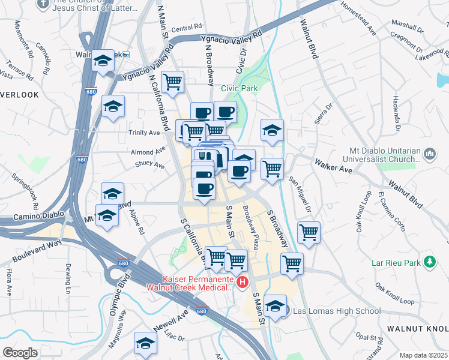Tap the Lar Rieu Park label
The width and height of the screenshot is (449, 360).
coord(394,262)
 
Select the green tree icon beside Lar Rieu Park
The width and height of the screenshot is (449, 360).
coord(429,262)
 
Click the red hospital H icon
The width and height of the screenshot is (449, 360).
coord(242,282)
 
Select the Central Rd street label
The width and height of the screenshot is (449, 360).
coord(186,28)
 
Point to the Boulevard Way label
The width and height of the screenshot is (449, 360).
coord(36,251)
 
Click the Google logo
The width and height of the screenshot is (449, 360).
coord(20,353)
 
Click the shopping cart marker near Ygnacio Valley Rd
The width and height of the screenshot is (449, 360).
coord(173,82)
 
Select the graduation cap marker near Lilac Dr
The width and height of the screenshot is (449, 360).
coord(145,343)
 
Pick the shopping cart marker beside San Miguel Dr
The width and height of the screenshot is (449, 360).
coord(309,232)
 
